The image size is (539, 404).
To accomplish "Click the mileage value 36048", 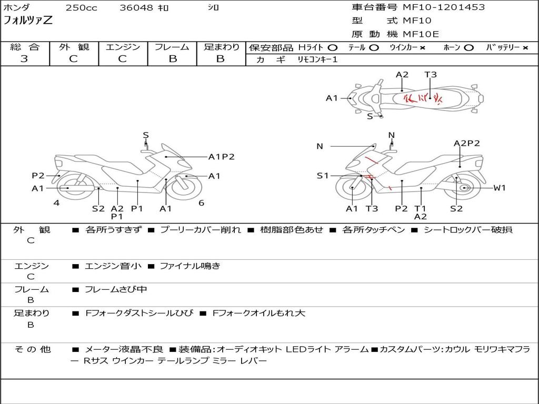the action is pos(136,8).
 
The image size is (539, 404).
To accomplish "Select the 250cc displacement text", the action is pos(81,8).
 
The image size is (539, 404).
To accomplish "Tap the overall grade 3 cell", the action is pos(24,59).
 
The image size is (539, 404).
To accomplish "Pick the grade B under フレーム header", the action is pos(173,59).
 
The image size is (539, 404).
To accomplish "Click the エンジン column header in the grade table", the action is pos(123,47).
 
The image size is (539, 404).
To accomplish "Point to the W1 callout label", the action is pos(499,188).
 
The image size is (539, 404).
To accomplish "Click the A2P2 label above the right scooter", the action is pos(466,143).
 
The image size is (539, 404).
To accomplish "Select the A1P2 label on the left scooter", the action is pos(221,156).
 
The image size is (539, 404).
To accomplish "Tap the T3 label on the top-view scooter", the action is pos(431,75).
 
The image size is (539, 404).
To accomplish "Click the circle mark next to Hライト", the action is pos(333,48).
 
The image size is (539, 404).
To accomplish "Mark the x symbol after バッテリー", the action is pos(525,48).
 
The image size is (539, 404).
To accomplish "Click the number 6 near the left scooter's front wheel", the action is pos(201,203).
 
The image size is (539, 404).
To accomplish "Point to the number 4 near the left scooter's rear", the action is pos(56,203).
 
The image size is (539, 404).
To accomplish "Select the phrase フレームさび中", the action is pos(116,289).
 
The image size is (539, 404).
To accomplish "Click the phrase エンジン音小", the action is pos(113,266).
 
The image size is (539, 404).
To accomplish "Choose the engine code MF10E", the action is pos(421,34).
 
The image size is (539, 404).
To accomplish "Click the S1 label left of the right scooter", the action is pos(322,176).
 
